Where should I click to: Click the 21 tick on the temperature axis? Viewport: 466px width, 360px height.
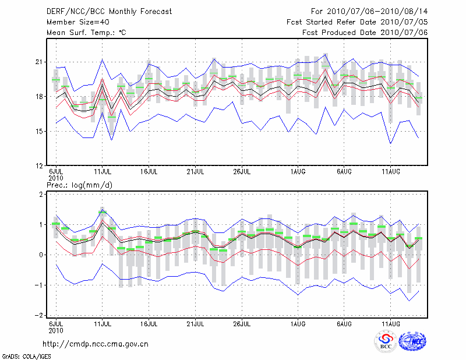point(40,62)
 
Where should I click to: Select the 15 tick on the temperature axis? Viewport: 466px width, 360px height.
point(40,132)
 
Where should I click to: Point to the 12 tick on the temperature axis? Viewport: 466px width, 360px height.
point(40,166)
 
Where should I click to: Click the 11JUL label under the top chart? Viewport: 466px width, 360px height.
point(103,172)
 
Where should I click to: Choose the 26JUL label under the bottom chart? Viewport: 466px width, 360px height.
point(242,323)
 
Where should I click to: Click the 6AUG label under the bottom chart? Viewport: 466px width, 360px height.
point(344,323)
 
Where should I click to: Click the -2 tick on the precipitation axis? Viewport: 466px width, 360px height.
point(40,315)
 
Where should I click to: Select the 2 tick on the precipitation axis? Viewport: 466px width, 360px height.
point(41,195)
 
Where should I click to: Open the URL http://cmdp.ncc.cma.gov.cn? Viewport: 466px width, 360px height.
point(96,344)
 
